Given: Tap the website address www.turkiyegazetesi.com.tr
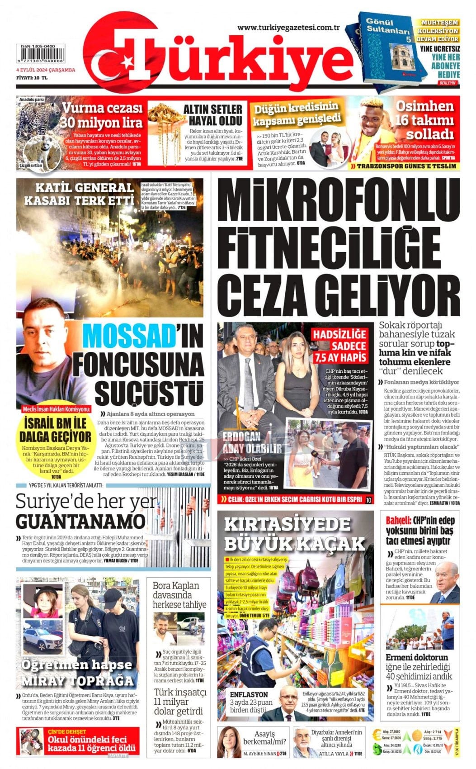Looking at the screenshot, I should coord(288,28).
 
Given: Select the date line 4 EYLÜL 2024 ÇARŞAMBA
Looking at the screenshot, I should coord(46,70).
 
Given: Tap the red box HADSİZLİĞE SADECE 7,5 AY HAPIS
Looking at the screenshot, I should coord(340,346).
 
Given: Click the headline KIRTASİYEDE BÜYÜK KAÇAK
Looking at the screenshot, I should coord(294,533).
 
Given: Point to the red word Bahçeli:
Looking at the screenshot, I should coord(398,520).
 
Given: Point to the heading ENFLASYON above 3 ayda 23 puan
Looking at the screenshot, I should coord(249,695).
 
